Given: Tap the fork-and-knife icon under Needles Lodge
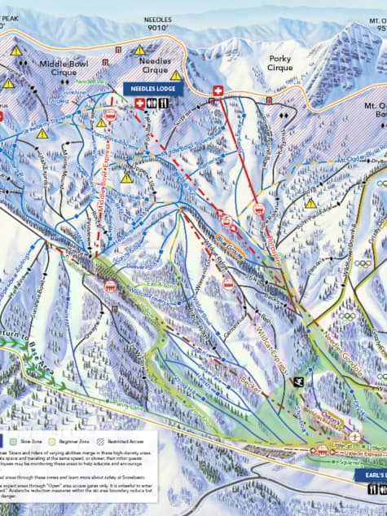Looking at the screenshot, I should [x=164, y=103].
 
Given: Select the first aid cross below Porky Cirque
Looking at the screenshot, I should [x=218, y=90].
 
